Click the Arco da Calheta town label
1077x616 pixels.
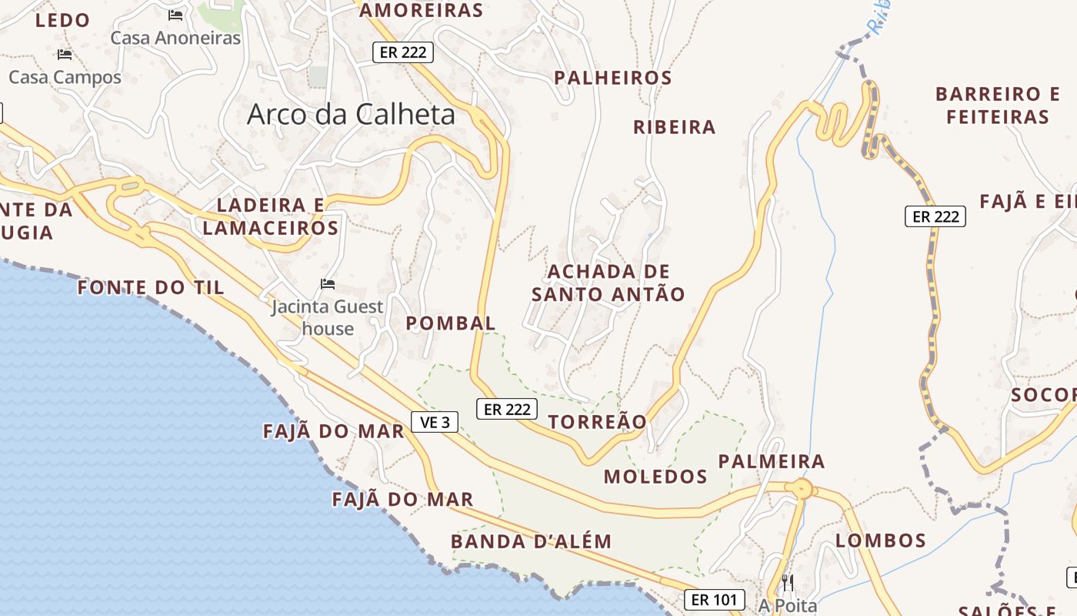(x=351, y=115)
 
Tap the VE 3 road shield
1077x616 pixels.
(x=435, y=422)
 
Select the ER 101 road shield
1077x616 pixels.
(x=715, y=599)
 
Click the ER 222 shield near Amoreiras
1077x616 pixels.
(x=403, y=52)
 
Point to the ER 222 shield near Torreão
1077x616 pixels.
(x=507, y=409)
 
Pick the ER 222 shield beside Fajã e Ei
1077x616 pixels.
(x=935, y=216)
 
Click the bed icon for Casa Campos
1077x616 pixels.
(x=65, y=55)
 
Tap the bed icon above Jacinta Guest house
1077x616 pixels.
(x=328, y=284)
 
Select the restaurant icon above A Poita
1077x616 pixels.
(x=787, y=581)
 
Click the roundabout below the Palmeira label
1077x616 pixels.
(x=802, y=488)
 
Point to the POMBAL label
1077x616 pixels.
(x=451, y=323)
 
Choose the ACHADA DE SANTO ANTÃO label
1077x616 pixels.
(x=608, y=283)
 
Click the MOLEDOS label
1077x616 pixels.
(x=655, y=477)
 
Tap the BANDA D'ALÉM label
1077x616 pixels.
(x=531, y=541)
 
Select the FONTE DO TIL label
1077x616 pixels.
(x=151, y=288)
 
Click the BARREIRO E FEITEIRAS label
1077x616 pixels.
(x=998, y=105)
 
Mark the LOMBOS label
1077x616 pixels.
(x=881, y=541)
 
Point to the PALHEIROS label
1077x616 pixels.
(x=613, y=78)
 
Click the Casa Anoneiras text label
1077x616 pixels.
(x=175, y=38)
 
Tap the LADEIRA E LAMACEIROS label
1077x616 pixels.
(x=271, y=216)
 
